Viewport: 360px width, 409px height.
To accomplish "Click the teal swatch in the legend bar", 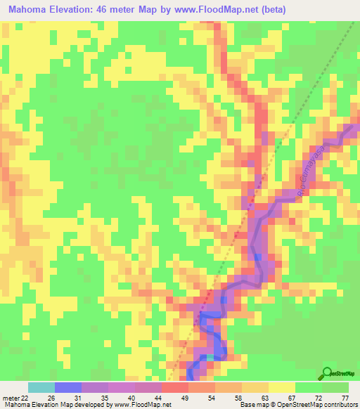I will [41, 387].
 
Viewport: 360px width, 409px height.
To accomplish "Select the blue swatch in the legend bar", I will [68, 387].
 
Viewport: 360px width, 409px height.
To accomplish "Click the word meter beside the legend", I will [10, 397].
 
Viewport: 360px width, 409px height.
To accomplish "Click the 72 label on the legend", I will [325, 397].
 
